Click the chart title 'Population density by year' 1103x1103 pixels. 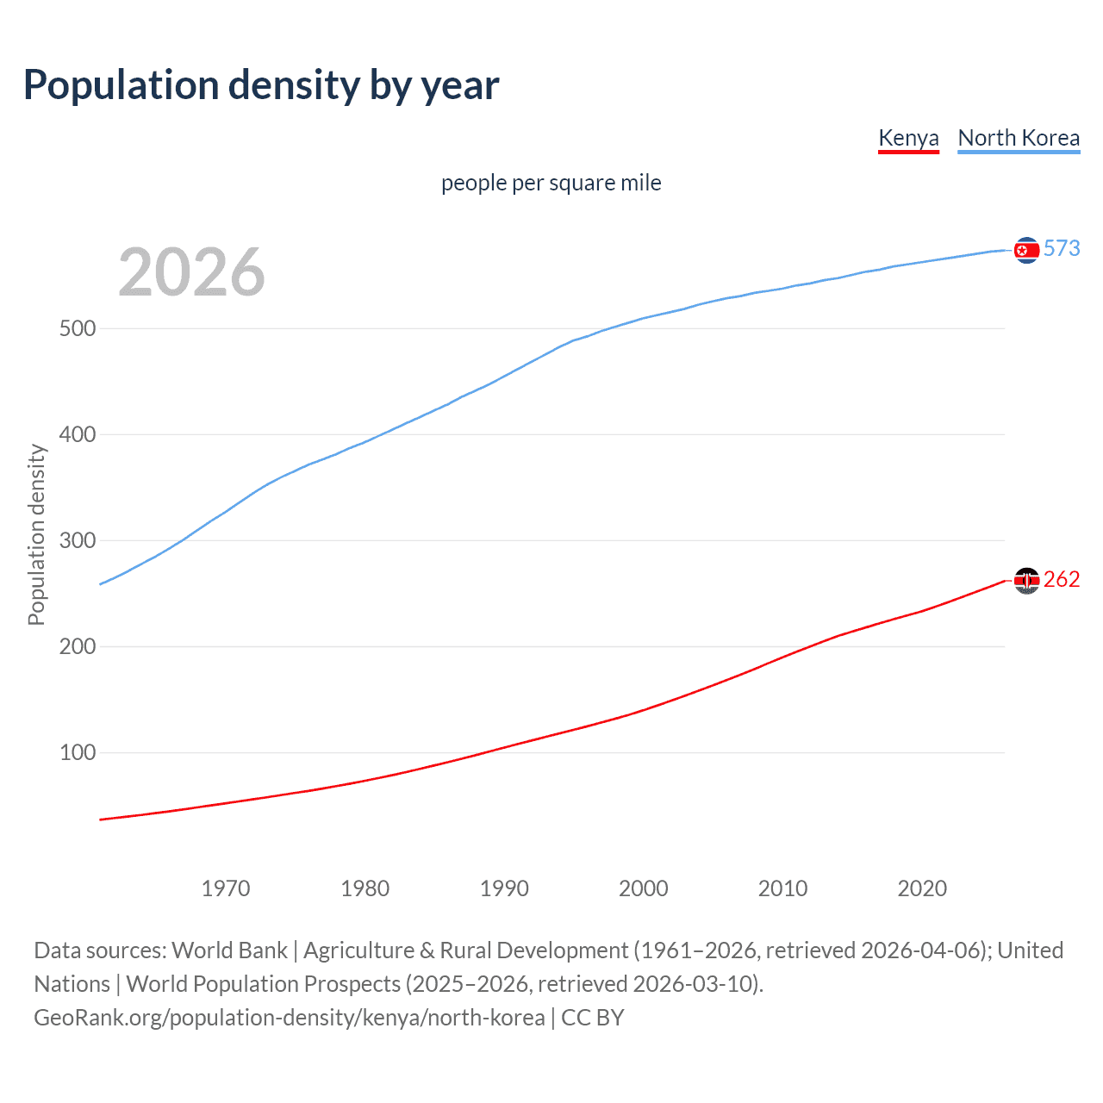(261, 85)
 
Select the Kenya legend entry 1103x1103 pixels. (908, 138)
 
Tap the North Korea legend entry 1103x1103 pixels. (1019, 138)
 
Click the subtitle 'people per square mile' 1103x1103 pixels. (551, 183)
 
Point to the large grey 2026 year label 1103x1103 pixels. (191, 272)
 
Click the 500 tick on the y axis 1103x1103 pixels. (78, 329)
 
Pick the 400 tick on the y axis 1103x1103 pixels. (78, 435)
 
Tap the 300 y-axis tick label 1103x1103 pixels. (78, 541)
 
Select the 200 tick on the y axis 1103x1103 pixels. (78, 647)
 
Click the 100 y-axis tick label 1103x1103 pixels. (78, 753)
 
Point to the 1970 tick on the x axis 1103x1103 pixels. (226, 888)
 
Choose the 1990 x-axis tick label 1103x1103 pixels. (504, 888)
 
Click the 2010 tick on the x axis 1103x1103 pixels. (782, 888)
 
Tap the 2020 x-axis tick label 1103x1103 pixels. (922, 888)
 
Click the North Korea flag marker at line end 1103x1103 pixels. (1026, 250)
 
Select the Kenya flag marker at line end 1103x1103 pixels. (1026, 582)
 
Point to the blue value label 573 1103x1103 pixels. (1062, 249)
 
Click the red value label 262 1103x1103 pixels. (1062, 580)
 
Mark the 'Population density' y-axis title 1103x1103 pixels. (36, 534)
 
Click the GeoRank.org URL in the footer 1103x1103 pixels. (289, 1018)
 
